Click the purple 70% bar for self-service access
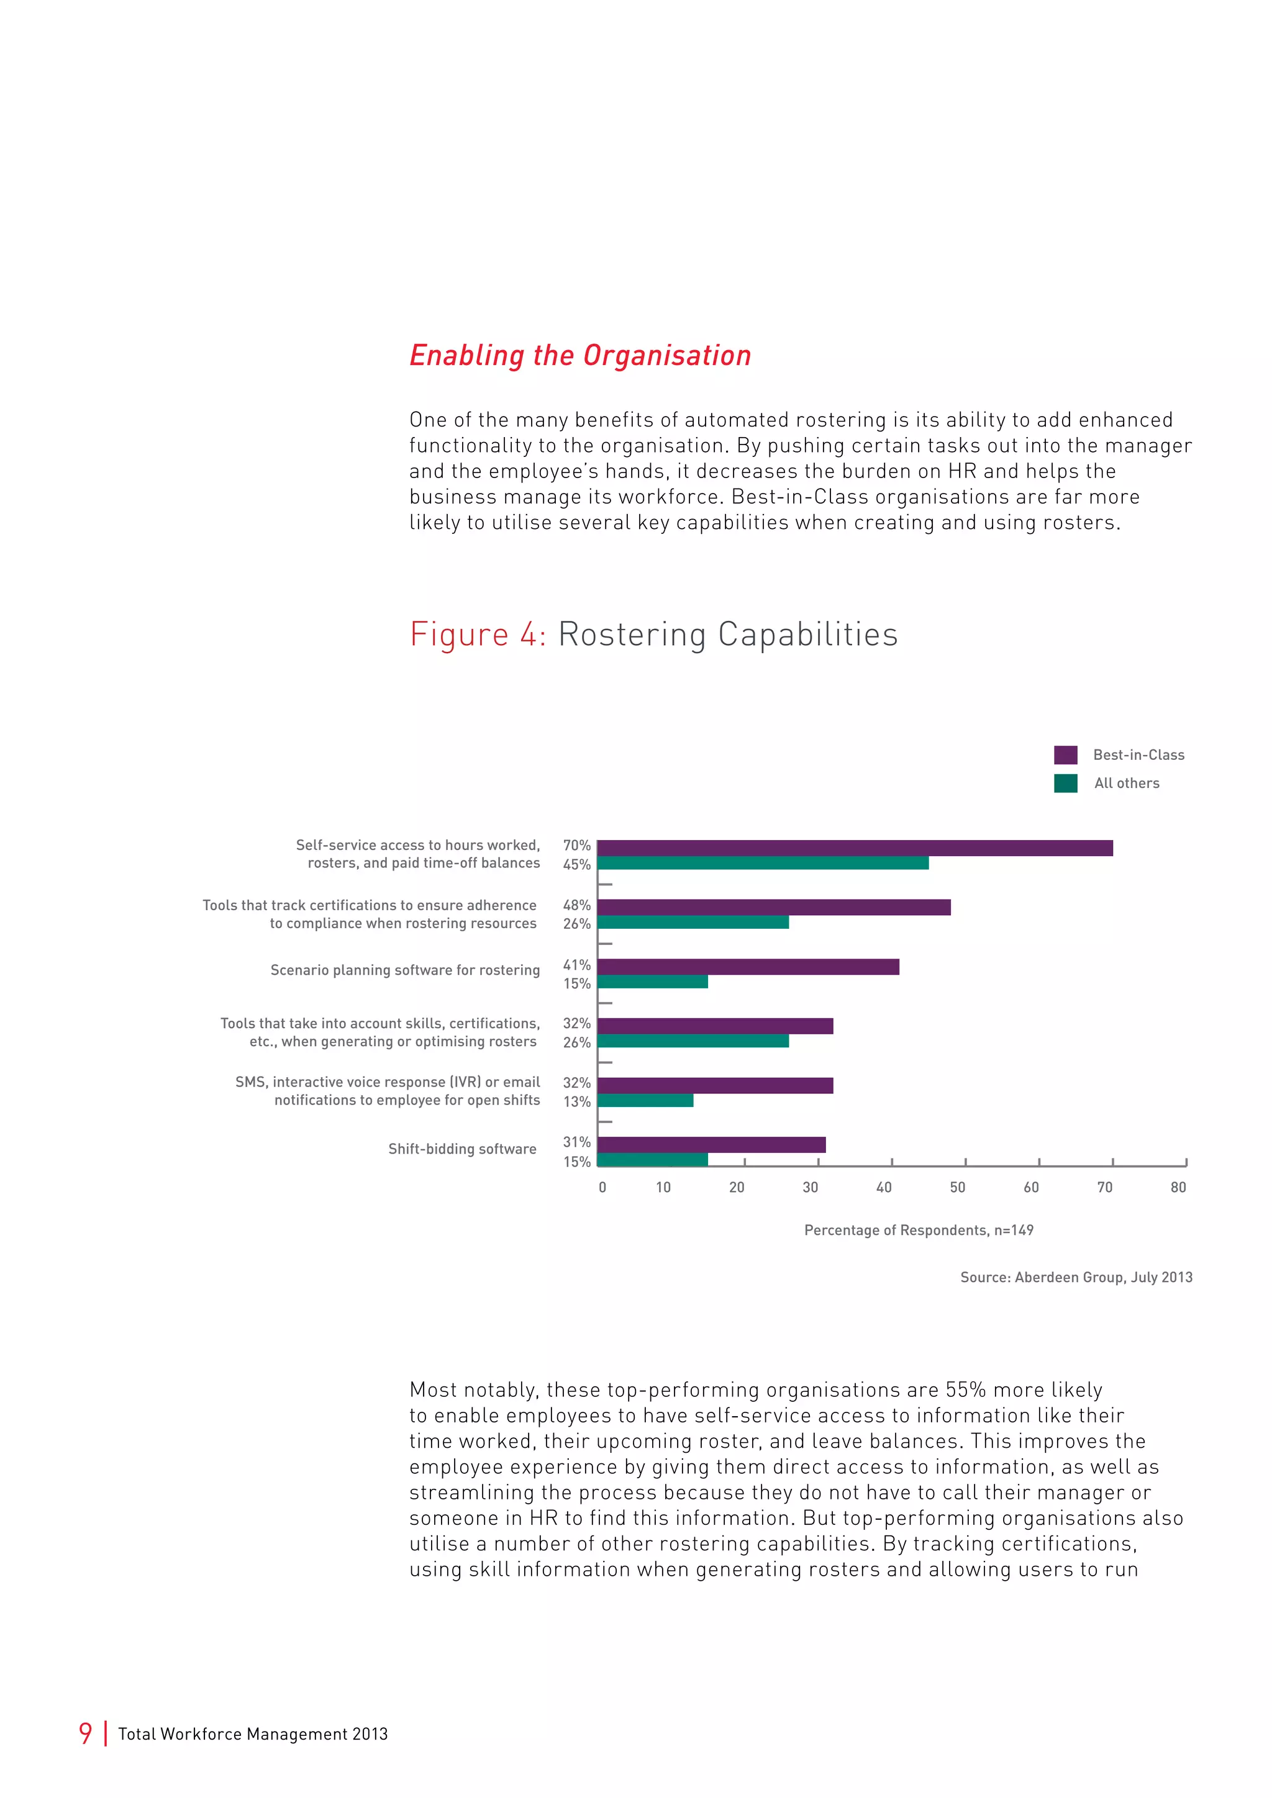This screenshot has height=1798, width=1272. coord(854,847)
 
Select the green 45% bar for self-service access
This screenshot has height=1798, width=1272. coord(762,863)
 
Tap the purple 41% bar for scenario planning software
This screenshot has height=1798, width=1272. coord(748,966)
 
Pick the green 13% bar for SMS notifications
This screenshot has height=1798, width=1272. coord(645,1100)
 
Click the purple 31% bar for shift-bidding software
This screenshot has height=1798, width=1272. coord(711,1144)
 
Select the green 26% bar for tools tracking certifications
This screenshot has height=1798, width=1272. coord(693,923)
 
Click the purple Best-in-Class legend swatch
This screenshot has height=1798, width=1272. coord(1065,755)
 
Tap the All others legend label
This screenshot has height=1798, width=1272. coord(1126,783)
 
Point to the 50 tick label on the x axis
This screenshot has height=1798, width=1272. coord(957,1187)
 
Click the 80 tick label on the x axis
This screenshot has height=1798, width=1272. coord(1178,1187)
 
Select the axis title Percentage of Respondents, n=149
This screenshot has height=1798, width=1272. coord(918,1231)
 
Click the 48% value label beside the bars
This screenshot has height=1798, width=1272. coord(576,905)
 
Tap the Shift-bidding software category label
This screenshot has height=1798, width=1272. coord(462,1149)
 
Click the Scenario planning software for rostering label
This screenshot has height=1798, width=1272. coord(405,970)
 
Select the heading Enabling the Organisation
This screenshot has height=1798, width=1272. coord(579,356)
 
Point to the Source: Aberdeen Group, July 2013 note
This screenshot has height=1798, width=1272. coord(1075,1277)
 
